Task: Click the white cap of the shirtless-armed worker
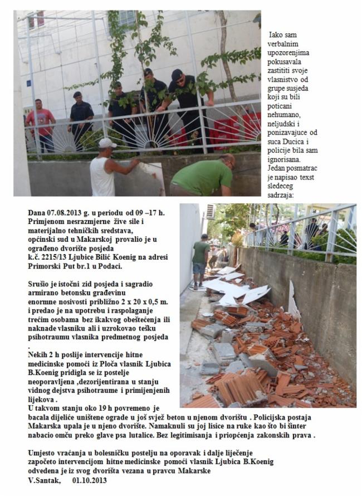click(107, 143)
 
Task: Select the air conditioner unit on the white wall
click(210, 211)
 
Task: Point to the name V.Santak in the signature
click(44, 481)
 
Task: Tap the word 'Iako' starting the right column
click(277, 35)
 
